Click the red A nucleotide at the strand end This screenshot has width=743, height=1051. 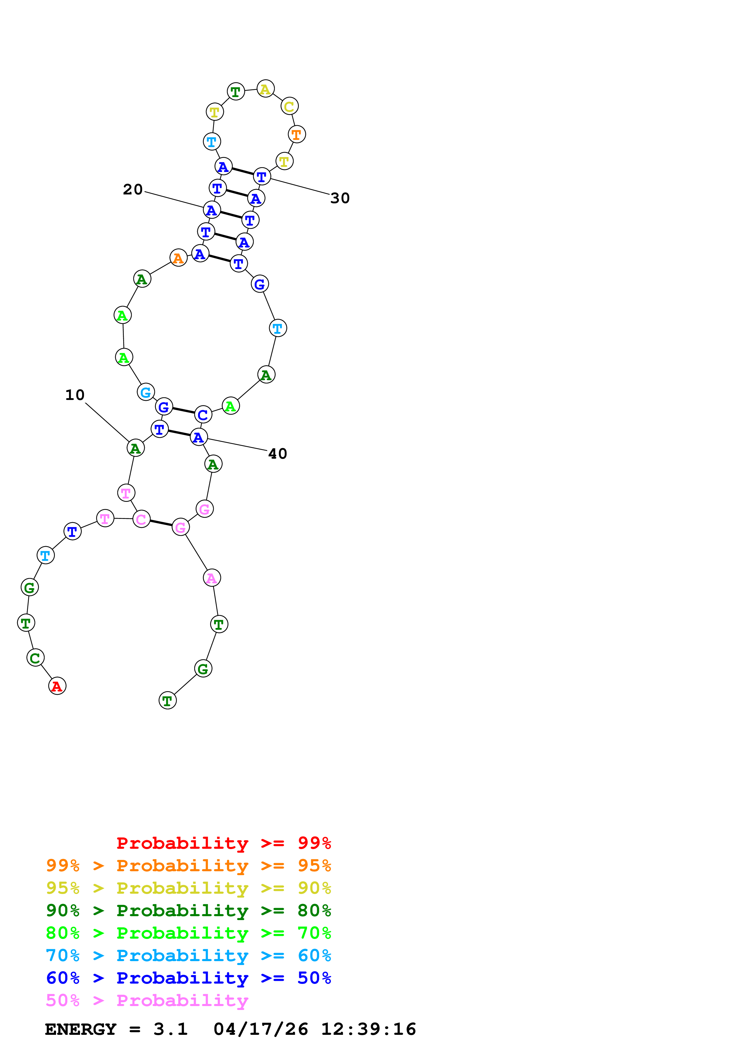[x=57, y=686]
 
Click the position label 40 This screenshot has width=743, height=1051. [x=278, y=454]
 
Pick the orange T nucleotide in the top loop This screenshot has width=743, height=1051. [x=297, y=135]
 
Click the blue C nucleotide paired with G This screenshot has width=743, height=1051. [x=203, y=415]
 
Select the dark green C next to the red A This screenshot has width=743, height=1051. [x=35, y=658]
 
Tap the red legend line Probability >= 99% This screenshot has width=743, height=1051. [x=223, y=843]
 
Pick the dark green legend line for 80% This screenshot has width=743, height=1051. [x=188, y=910]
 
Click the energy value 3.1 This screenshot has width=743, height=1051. [x=170, y=1029]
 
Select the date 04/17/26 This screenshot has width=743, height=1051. [x=260, y=1029]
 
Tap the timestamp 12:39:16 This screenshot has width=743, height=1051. [x=369, y=1029]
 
